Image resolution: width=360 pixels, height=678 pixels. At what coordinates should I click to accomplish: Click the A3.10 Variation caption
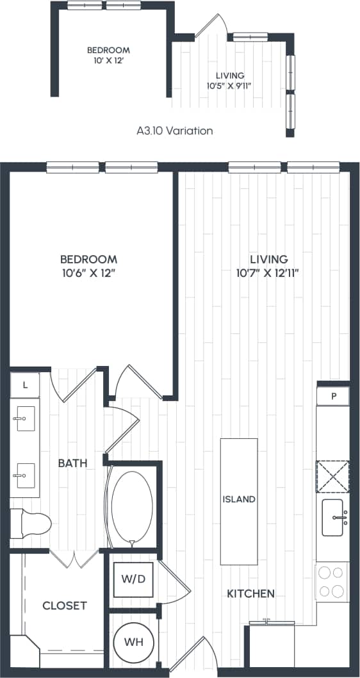[174, 130]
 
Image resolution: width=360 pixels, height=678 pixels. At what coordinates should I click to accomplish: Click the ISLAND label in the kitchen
[239, 499]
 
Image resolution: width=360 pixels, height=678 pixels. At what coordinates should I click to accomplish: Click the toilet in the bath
[32, 524]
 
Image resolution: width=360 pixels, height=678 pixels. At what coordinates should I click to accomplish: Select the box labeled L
[25, 385]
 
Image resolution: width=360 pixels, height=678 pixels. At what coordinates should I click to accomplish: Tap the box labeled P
[333, 395]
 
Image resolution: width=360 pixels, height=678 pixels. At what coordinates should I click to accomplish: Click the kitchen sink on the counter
[334, 517]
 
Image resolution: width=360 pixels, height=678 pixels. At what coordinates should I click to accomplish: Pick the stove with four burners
[332, 582]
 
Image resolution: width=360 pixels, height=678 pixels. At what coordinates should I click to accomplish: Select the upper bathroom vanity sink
[25, 420]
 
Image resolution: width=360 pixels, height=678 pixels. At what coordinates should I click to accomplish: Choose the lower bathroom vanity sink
[25, 475]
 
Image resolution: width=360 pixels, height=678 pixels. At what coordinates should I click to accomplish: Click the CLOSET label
[64, 606]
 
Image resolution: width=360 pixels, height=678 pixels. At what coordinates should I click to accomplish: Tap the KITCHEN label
[251, 593]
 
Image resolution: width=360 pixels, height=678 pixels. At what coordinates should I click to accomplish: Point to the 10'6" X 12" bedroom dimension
[88, 273]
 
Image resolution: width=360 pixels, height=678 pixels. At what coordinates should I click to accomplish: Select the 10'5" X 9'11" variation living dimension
[229, 85]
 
